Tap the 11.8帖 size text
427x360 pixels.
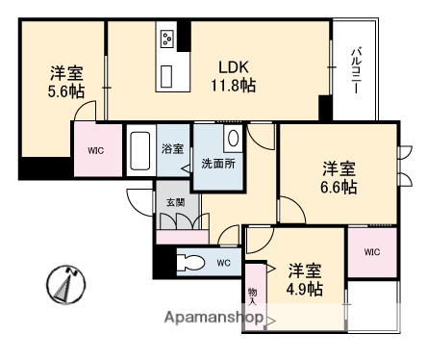(235, 86)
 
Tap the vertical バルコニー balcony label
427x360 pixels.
(355, 68)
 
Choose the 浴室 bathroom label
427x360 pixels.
(172, 150)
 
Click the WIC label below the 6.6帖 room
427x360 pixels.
(371, 251)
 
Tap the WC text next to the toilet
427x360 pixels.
(223, 262)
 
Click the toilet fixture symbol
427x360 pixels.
(191, 263)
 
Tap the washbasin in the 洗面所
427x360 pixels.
(232, 138)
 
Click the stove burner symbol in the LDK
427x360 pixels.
(166, 39)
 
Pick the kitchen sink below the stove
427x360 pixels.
(166, 74)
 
